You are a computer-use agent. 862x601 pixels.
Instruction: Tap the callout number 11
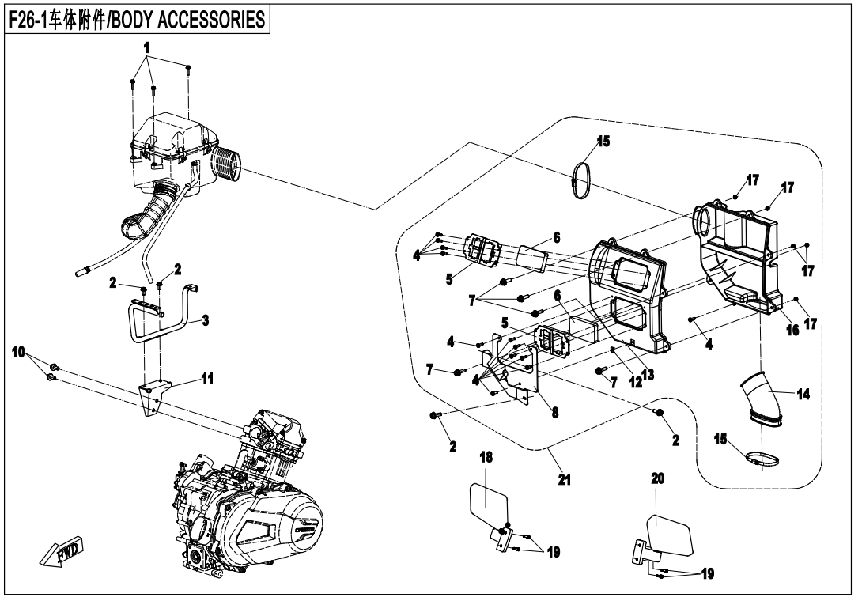(206, 379)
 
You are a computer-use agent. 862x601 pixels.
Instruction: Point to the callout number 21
(564, 478)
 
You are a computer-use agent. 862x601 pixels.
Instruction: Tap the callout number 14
(803, 394)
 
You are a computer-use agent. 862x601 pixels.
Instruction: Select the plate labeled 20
(671, 535)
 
